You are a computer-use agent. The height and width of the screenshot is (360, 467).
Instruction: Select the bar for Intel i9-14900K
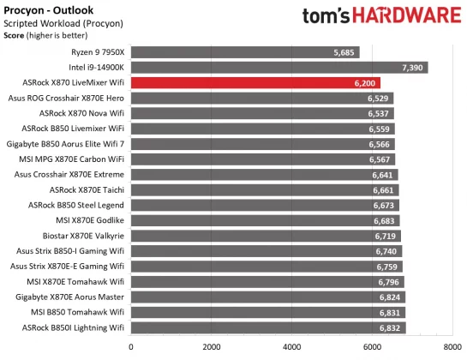click(279, 68)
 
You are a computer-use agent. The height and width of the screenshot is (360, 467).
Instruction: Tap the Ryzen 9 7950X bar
click(245, 52)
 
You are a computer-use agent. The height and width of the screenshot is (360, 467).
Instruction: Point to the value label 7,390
click(413, 68)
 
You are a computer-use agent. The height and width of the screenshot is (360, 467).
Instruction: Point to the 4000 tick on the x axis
click(291, 347)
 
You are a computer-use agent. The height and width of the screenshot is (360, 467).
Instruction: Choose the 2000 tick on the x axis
click(211, 347)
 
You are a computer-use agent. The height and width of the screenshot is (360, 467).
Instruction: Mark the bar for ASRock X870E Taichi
click(264, 189)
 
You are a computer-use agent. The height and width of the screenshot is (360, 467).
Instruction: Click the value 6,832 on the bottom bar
click(390, 327)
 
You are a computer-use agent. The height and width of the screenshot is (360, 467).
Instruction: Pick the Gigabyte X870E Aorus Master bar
click(267, 297)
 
